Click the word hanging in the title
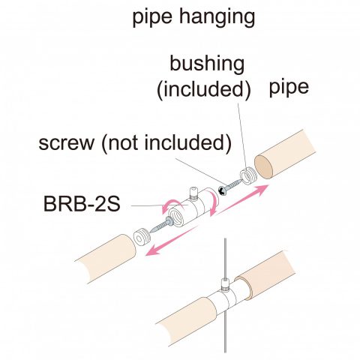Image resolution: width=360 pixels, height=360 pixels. pyautogui.click(x=217, y=17)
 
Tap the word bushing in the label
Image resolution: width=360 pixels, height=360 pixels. pyautogui.click(x=207, y=64)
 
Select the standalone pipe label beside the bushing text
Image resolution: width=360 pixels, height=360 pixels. pyautogui.click(x=289, y=88)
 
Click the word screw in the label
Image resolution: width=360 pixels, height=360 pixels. pyautogui.click(x=67, y=143)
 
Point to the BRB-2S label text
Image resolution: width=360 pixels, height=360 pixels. pyautogui.click(x=82, y=204)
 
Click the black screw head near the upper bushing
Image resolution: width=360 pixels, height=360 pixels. pyautogui.click(x=222, y=190)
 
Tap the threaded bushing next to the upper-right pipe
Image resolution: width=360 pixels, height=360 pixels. pyautogui.click(x=248, y=175)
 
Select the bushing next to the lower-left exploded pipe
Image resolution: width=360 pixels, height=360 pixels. pyautogui.click(x=141, y=237)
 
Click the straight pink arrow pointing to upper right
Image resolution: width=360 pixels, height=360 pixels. pyautogui.click(x=242, y=199)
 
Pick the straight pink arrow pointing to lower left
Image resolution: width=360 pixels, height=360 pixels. pyautogui.click(x=171, y=241)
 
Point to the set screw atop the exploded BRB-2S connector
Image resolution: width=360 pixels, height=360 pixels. pyautogui.click(x=194, y=193)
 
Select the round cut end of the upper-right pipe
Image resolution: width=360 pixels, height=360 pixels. pyautogui.click(x=264, y=166)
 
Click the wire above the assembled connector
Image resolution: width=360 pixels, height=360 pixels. pyautogui.click(x=225, y=258)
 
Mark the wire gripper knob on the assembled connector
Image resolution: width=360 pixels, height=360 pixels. pyautogui.click(x=226, y=285)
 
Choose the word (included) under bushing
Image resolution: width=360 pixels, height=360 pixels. pyautogui.click(x=204, y=89)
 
